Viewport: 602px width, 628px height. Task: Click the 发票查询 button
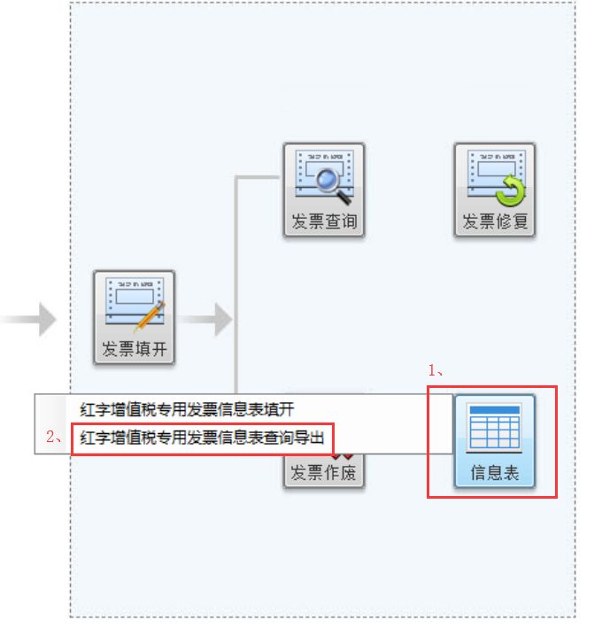coord(324,190)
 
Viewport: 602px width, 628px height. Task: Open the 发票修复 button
coord(495,190)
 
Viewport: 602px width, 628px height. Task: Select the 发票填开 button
coord(135,317)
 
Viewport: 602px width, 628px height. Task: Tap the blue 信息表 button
coord(494,440)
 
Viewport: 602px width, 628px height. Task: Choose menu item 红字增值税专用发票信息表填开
coord(186,410)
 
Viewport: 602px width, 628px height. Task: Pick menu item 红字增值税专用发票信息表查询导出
coord(203,437)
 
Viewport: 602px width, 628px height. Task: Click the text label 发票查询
coord(324,221)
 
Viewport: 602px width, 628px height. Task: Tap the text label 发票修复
coord(495,221)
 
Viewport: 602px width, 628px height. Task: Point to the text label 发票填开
coord(135,349)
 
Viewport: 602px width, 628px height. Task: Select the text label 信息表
coord(494,473)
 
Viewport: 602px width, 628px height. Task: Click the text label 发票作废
coord(324,474)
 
